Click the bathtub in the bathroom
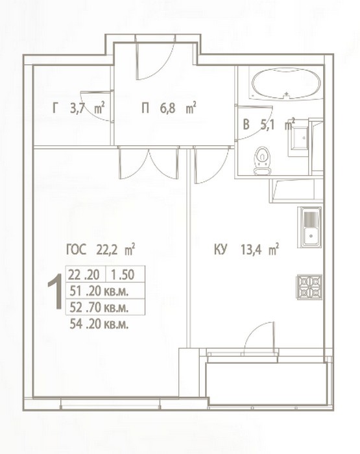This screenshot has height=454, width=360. pyautogui.click(x=286, y=84)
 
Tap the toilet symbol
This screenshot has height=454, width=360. pyautogui.click(x=263, y=161)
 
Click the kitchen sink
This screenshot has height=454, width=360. pyautogui.click(x=309, y=227)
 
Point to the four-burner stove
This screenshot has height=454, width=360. pyautogui.click(x=309, y=287)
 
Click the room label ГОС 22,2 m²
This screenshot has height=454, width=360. pyautogui.click(x=100, y=250)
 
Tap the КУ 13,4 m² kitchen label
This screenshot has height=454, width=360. pyautogui.click(x=246, y=250)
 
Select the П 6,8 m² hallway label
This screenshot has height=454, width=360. pyautogui.click(x=169, y=109)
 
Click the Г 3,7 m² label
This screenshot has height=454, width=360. pyautogui.click(x=78, y=109)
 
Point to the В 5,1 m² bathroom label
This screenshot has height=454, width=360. pyautogui.click(x=269, y=125)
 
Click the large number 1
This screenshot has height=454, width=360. pyautogui.click(x=55, y=292)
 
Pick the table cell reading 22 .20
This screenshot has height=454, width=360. pyautogui.click(x=86, y=274)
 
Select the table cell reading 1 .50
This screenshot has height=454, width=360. pyautogui.click(x=125, y=274)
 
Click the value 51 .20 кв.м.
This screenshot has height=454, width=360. pyautogui.click(x=99, y=291)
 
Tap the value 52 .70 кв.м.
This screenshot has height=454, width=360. pyautogui.click(x=99, y=307)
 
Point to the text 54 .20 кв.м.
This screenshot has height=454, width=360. pyautogui.click(x=99, y=324)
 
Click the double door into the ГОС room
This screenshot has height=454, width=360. pyautogui.click(x=149, y=163)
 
